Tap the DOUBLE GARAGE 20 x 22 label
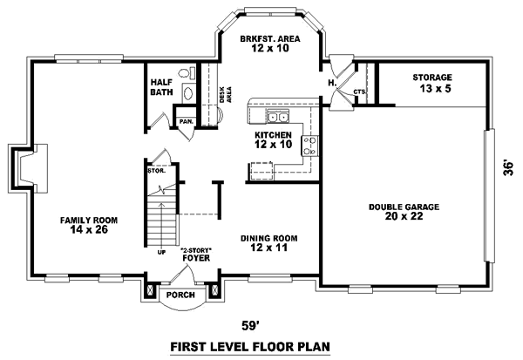click(404, 212)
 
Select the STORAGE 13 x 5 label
click(433, 83)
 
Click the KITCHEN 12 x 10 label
click(272, 140)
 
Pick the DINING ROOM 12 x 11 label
click(270, 243)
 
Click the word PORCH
click(180, 295)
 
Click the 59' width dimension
click(252, 326)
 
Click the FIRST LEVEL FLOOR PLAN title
click(251, 347)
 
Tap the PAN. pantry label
click(186, 121)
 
